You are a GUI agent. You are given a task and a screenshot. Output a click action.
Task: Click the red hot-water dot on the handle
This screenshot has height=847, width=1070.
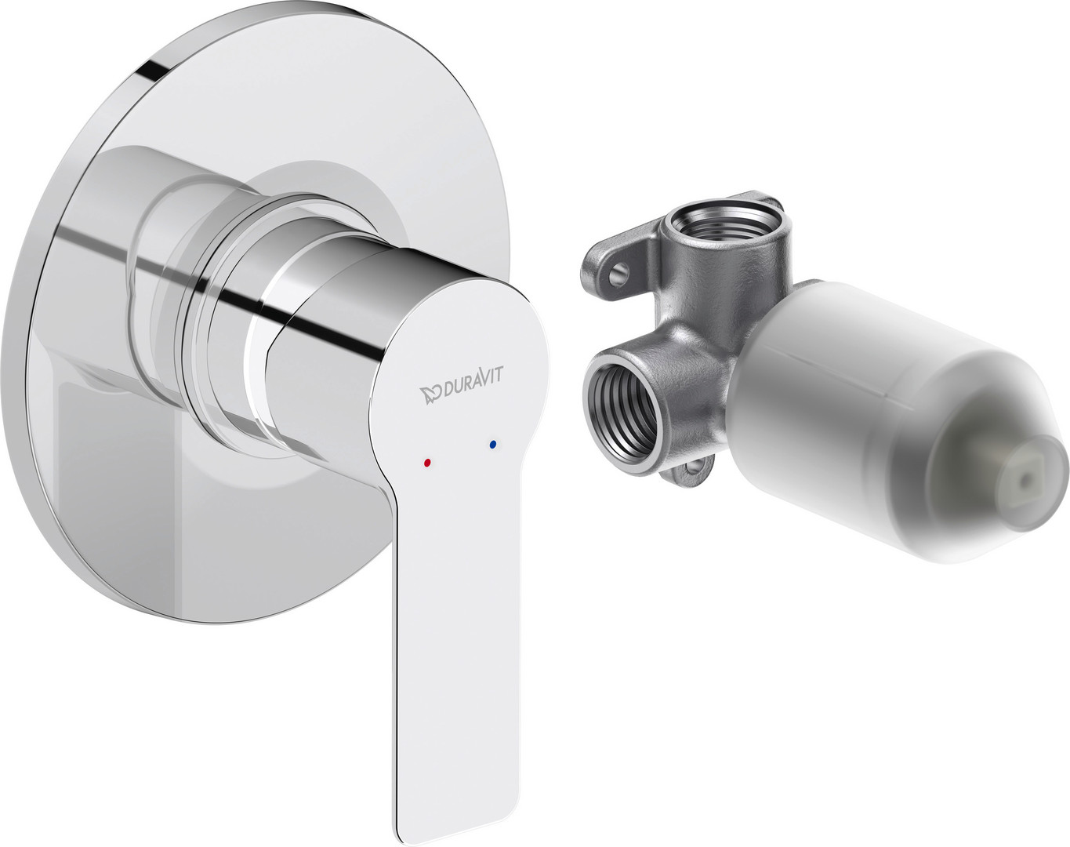click(x=427, y=463)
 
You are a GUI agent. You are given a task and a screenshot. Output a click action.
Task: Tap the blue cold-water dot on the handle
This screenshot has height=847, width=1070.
click(x=493, y=444)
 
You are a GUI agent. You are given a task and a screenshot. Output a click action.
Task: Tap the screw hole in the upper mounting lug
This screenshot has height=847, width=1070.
click(x=618, y=271)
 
